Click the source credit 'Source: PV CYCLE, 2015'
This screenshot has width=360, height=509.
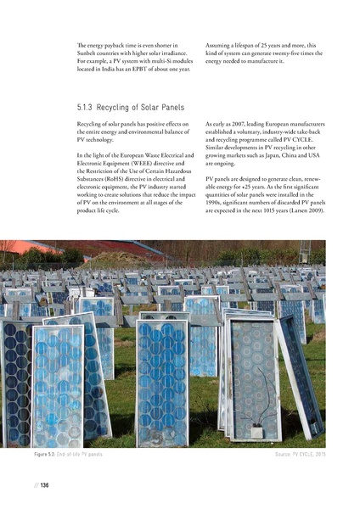(x=290, y=456)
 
